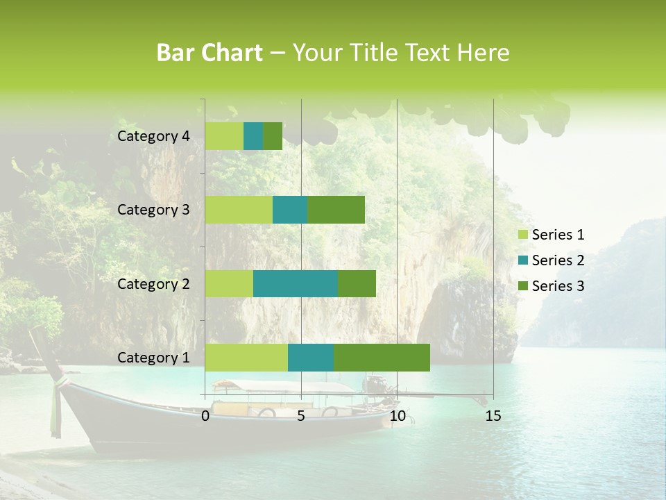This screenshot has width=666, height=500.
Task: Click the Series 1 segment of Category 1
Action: (x=246, y=357)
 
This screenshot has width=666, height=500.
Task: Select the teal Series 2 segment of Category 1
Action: (x=311, y=357)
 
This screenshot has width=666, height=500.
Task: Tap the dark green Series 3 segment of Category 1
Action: (x=382, y=357)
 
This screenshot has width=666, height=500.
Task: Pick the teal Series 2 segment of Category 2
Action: (x=296, y=283)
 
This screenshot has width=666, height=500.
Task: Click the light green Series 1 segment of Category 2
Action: (x=229, y=283)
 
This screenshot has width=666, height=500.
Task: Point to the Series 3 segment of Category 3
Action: (x=336, y=210)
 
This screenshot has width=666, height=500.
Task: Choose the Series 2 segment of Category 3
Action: (x=290, y=210)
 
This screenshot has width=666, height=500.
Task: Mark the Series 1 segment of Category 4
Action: (x=224, y=136)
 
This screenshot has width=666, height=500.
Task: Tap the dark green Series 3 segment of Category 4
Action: (x=273, y=136)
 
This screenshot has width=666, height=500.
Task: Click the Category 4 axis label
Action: (x=153, y=136)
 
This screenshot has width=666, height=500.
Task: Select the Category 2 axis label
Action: (x=153, y=283)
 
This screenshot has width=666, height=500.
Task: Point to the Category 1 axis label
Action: (x=153, y=358)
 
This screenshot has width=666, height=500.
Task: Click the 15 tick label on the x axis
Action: (x=493, y=416)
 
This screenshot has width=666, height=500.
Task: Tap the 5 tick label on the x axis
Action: (x=301, y=416)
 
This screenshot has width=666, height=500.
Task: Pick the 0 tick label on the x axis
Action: (x=205, y=416)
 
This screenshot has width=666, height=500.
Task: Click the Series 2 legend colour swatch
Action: (x=522, y=260)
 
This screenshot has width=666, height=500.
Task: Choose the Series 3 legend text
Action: (x=558, y=285)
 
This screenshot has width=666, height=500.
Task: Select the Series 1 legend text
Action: (x=558, y=235)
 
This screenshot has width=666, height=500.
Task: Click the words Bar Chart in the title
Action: (x=210, y=53)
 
